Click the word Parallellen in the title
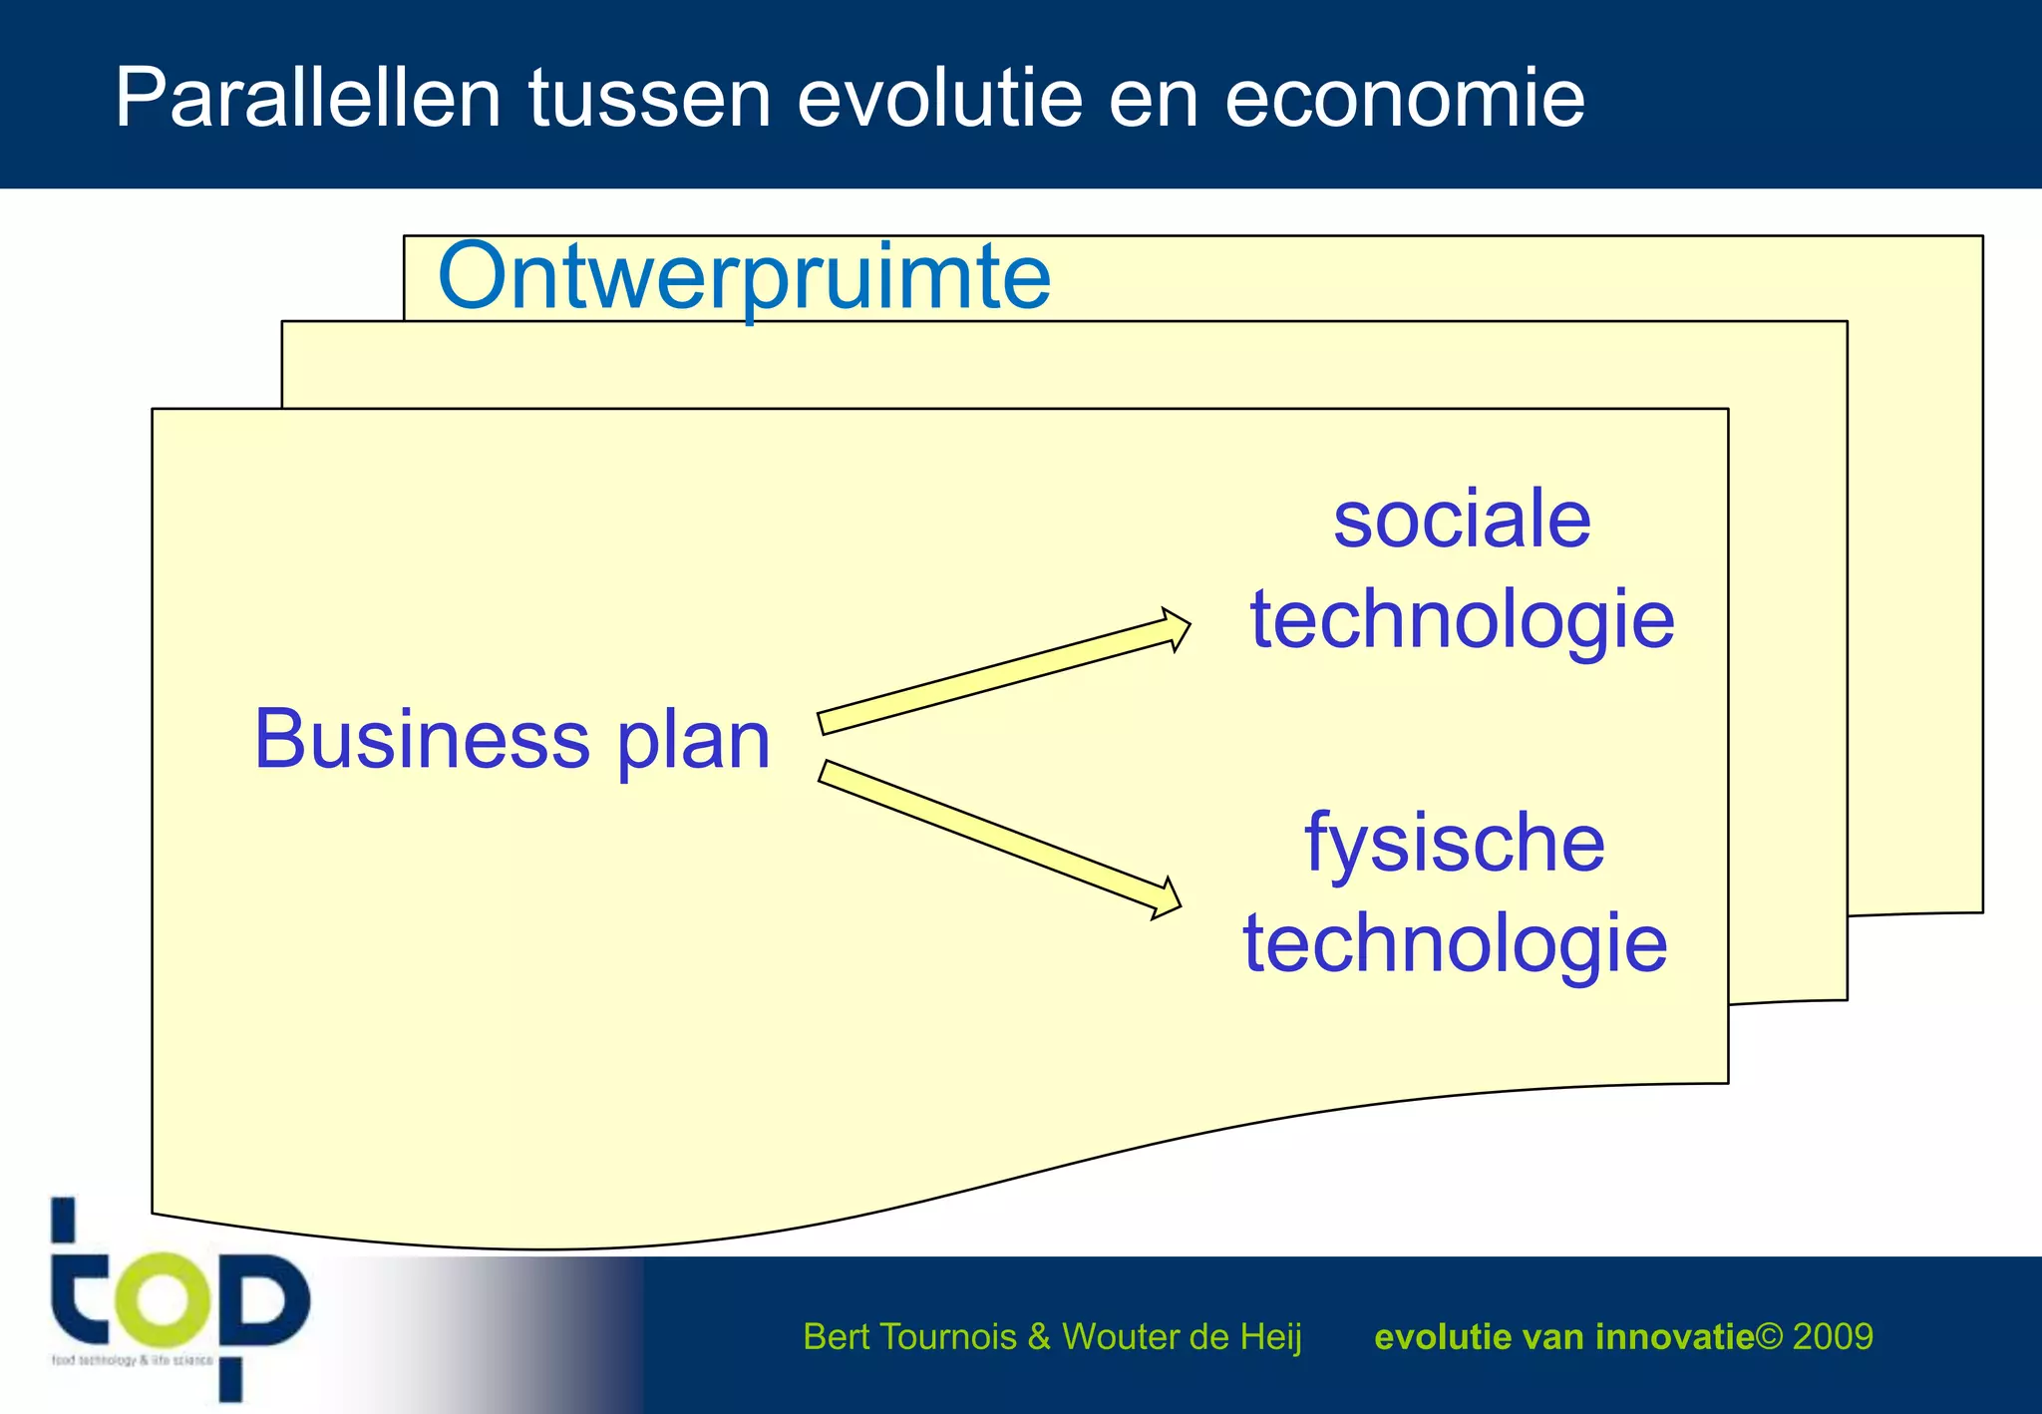[307, 98]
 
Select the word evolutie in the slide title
[939, 98]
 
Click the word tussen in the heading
[649, 98]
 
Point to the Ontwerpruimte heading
[744, 276]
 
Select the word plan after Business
[694, 743]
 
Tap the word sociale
[1462, 520]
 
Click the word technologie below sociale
[1462, 620]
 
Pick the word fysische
[1455, 844]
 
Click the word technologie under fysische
[1455, 943]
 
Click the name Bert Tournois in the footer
[908, 1336]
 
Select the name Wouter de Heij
[1182, 1336]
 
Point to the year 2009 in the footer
[1833, 1336]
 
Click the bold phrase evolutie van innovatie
[1563, 1336]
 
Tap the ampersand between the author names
[1038, 1336]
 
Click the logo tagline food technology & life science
[132, 1360]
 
